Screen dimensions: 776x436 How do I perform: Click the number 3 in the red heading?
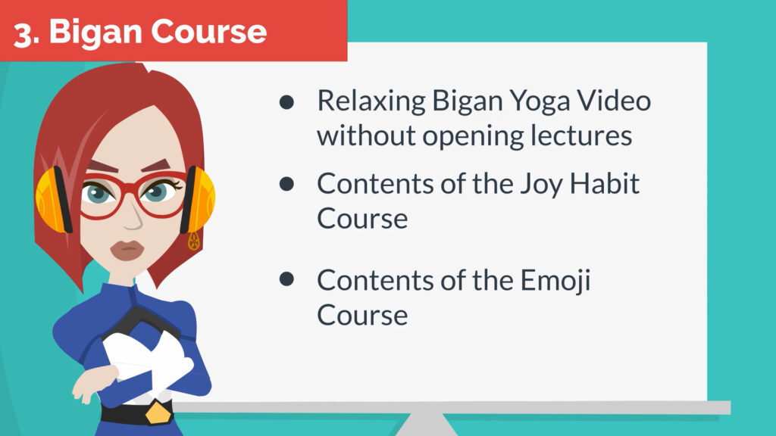point(23,35)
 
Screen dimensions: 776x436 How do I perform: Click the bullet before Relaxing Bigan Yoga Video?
point(286,102)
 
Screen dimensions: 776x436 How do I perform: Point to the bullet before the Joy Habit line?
point(286,184)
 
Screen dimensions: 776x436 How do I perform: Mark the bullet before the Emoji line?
point(286,279)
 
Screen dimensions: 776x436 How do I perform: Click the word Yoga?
point(540,103)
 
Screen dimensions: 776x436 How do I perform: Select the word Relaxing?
point(371,102)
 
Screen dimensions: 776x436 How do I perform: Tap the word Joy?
point(541,185)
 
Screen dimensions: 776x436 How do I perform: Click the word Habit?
point(605,183)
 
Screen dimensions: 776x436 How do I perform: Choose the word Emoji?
point(555,282)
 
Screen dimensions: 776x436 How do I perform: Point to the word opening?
point(473,137)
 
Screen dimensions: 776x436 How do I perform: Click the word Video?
point(614,101)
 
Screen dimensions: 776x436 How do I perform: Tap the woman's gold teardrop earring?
point(193,241)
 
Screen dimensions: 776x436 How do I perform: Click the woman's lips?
point(127,251)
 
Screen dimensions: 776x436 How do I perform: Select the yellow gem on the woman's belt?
point(158,413)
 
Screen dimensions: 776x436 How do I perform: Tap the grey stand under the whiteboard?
point(426,425)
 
